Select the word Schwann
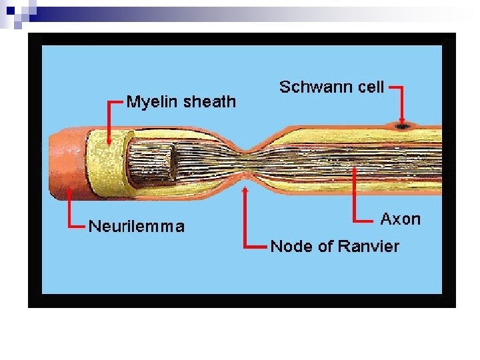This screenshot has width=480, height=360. (x=316, y=87)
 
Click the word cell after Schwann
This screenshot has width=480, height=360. (x=371, y=87)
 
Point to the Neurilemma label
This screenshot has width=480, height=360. (x=137, y=227)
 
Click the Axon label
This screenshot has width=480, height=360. (x=400, y=219)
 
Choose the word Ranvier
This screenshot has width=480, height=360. (x=368, y=246)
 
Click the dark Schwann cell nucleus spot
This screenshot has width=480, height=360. (x=402, y=125)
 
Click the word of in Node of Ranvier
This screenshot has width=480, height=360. (x=325, y=246)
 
